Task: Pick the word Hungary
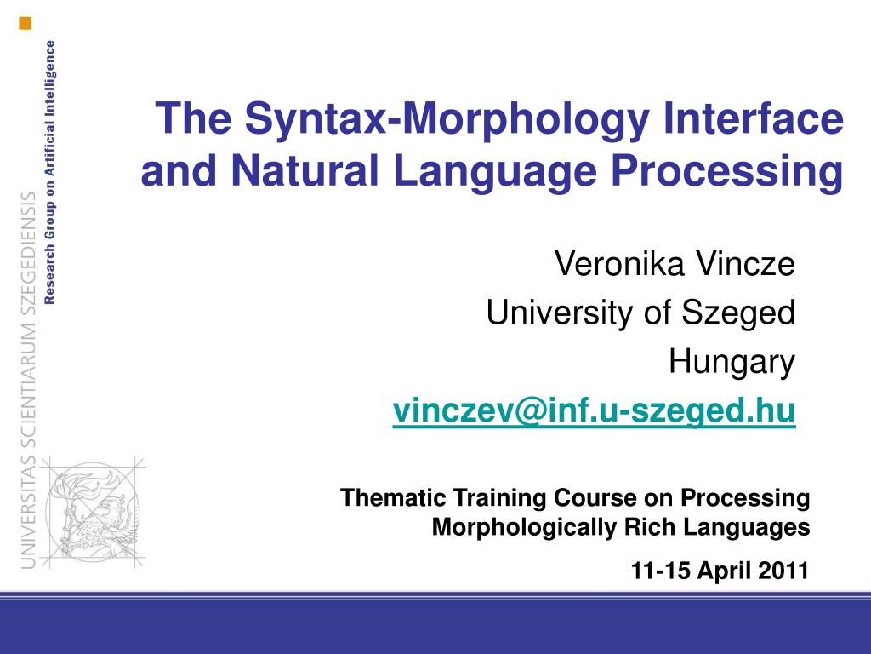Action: (732, 364)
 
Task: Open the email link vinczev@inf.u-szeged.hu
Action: (594, 412)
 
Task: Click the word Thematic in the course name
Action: (394, 497)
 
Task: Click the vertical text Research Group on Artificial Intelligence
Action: (51, 171)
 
